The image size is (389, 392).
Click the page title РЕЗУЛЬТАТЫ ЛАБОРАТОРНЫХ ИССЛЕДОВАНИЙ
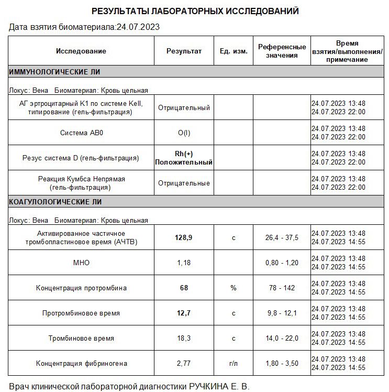click(x=195, y=11)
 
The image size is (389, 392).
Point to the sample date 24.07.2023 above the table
click(x=138, y=27)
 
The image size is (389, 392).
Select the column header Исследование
click(x=81, y=51)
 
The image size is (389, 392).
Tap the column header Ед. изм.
click(x=234, y=51)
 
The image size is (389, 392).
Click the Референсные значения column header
click(x=282, y=51)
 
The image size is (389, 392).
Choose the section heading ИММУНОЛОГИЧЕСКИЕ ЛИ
click(x=54, y=72)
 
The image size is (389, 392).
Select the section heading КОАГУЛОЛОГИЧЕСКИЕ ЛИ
click(x=55, y=202)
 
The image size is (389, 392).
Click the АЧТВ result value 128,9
click(x=184, y=237)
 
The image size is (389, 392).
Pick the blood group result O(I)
click(x=184, y=133)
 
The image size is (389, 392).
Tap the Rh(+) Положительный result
click(x=184, y=158)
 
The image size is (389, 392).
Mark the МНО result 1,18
click(x=184, y=263)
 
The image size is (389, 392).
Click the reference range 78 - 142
click(x=282, y=288)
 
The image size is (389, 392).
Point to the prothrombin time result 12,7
click(x=184, y=313)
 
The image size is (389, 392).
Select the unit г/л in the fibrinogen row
click(x=234, y=363)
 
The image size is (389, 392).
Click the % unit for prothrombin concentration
click(x=234, y=288)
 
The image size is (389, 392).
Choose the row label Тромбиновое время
click(x=81, y=338)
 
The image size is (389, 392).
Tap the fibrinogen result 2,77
click(x=184, y=363)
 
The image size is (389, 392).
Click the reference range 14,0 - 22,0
click(x=282, y=338)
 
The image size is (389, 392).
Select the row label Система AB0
click(x=81, y=133)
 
